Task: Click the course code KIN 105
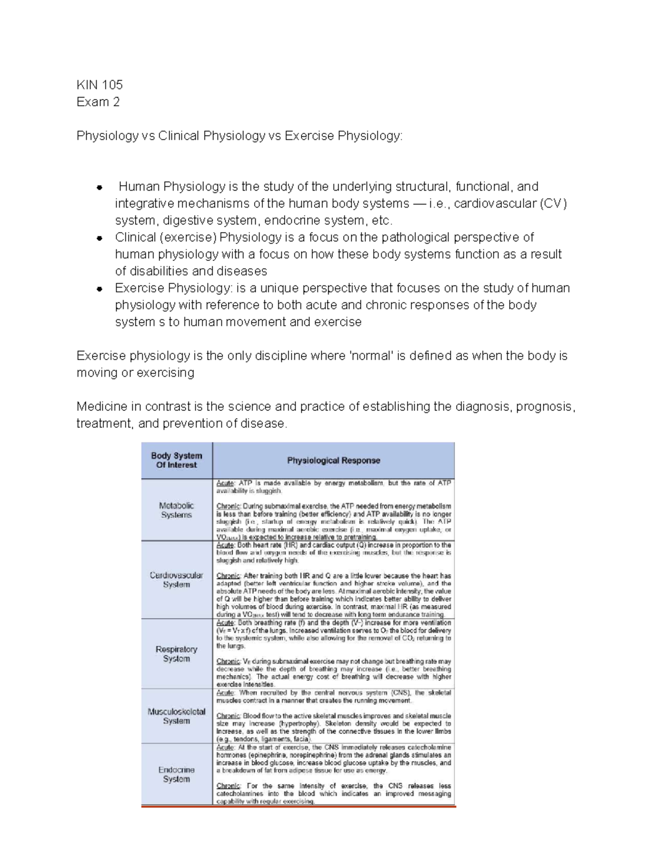[x=100, y=84]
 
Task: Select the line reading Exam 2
[x=98, y=102]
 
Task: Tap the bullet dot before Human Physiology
[x=99, y=188]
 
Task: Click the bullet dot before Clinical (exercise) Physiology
[x=99, y=238]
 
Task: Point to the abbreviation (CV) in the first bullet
[x=553, y=204]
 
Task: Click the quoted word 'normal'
[x=371, y=356]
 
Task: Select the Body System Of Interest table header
[x=176, y=460]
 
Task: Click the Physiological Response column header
[x=333, y=460]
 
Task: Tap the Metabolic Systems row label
[x=176, y=510]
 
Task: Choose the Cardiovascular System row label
[x=176, y=580]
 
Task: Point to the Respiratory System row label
[x=176, y=654]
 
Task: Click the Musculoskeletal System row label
[x=176, y=716]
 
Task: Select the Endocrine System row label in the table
[x=176, y=774]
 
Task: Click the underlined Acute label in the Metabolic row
[x=225, y=483]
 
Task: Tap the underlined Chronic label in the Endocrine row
[x=228, y=786]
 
